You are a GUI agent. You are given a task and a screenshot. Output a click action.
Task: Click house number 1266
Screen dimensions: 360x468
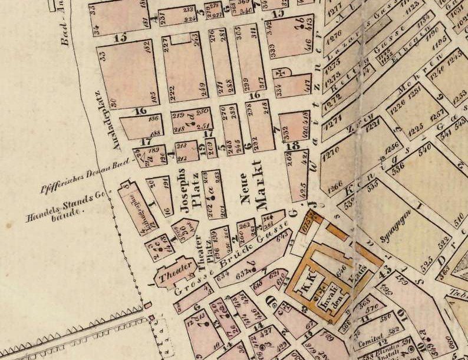tap(334, 189)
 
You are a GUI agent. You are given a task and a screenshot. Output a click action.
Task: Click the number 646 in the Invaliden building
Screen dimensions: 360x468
tap(339, 272)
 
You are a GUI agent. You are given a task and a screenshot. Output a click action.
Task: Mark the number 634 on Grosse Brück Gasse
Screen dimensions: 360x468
tap(223, 275)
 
